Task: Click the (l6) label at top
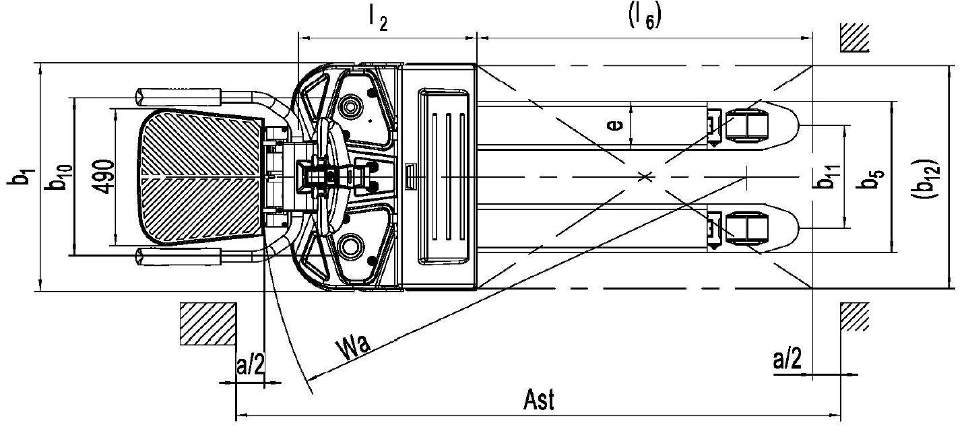(x=645, y=18)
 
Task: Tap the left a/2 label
(x=250, y=366)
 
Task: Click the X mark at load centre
(x=645, y=176)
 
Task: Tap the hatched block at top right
(x=854, y=39)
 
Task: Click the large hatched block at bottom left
(x=207, y=324)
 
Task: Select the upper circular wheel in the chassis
(x=351, y=106)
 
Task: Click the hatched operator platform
(x=202, y=178)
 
